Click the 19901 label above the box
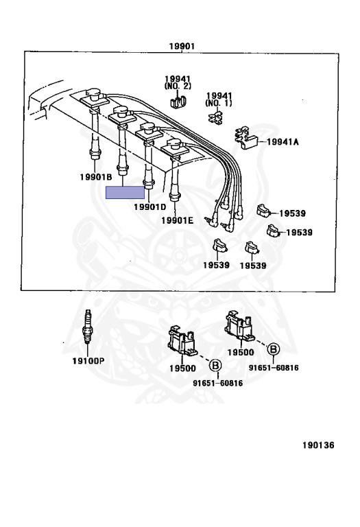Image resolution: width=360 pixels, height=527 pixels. (181, 46)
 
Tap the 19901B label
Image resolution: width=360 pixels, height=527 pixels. (96, 177)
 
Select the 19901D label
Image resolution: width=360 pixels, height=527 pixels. (149, 207)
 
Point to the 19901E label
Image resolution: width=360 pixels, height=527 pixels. (178, 220)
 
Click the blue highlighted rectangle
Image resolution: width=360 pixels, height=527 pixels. (125, 193)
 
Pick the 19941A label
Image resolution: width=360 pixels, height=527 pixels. (283, 142)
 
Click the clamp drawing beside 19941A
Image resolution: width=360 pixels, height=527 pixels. (246, 138)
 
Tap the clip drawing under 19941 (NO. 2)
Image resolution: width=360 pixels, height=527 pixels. (178, 100)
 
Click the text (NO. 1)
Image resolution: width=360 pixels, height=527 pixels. (219, 103)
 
